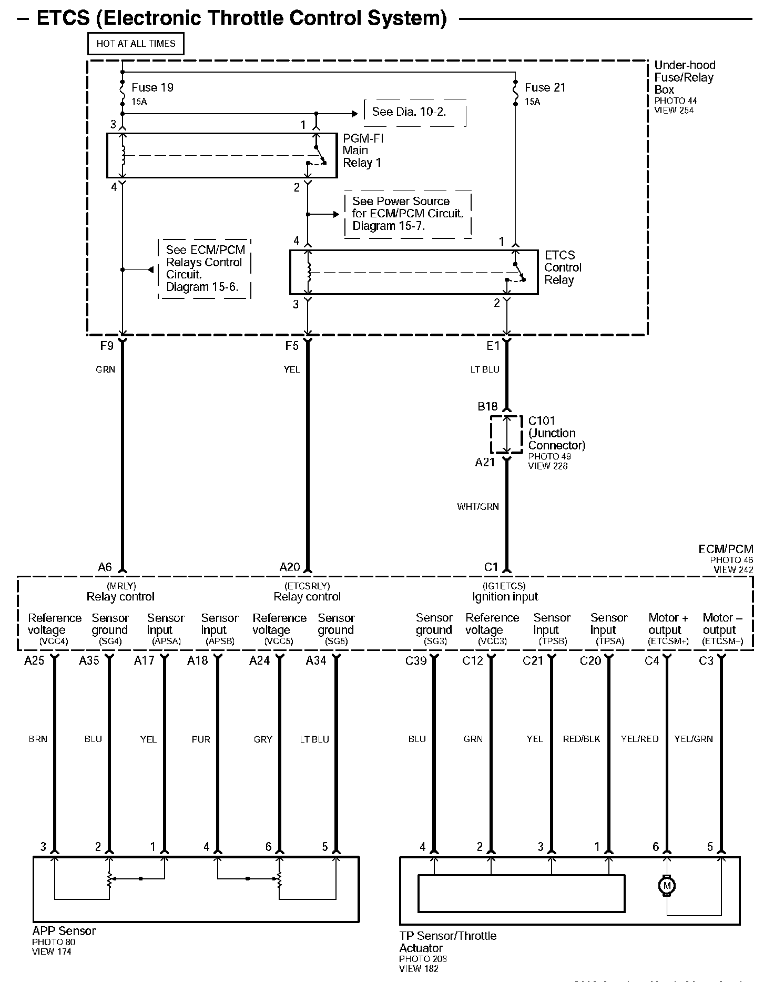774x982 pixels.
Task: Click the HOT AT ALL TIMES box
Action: (136, 44)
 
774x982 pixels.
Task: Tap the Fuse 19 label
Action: (152, 88)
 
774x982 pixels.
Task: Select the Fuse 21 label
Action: (545, 88)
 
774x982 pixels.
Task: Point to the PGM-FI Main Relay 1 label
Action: (363, 151)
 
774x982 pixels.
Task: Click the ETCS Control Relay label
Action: (563, 267)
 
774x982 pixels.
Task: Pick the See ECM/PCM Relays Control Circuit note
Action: (205, 268)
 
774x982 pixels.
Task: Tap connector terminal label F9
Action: (107, 346)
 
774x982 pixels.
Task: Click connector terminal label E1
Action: (493, 346)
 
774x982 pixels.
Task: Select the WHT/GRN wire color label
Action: (478, 507)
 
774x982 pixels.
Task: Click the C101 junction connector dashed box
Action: (506, 435)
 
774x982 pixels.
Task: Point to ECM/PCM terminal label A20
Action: (290, 567)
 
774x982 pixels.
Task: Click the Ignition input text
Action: (505, 597)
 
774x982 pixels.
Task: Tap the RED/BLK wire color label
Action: (582, 739)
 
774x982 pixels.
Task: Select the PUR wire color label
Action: (201, 739)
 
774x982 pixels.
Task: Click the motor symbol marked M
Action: (667, 886)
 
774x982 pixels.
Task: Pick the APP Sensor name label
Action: (64, 931)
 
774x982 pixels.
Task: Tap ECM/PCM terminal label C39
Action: (416, 661)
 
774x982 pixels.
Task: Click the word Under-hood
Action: (685, 65)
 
